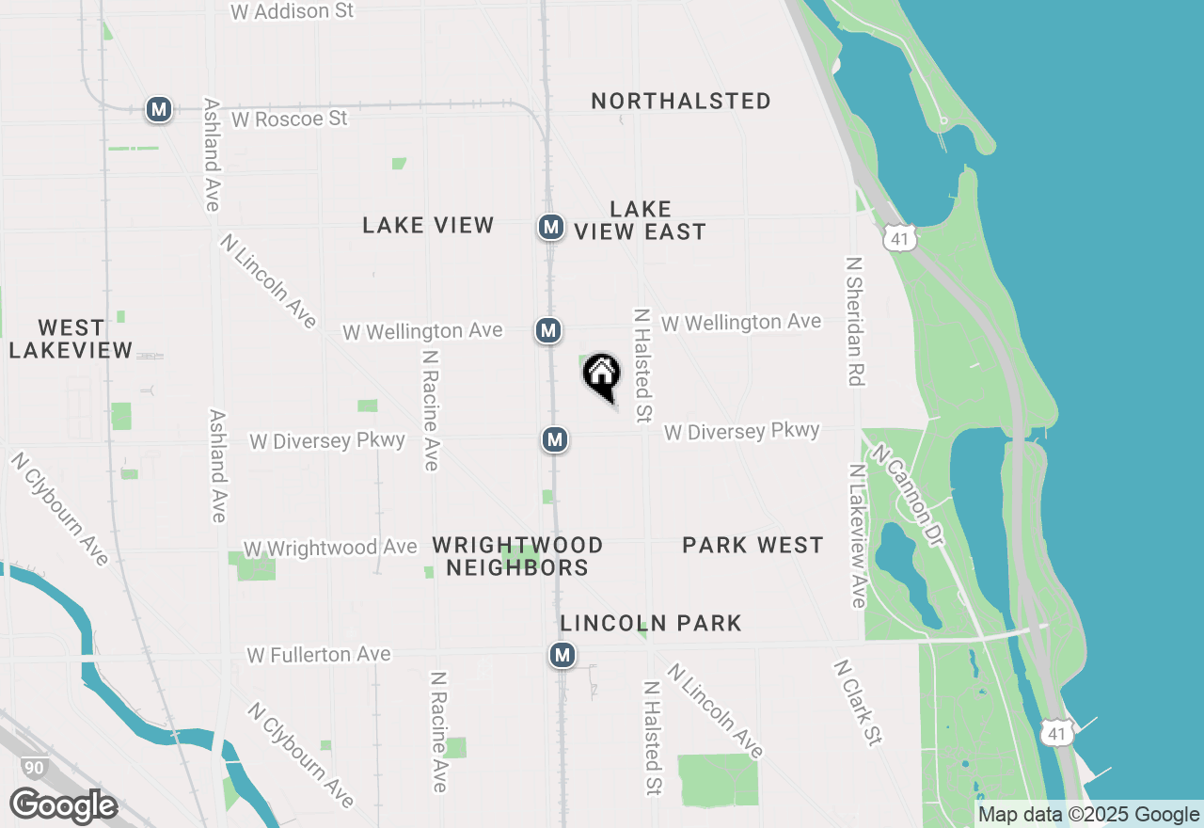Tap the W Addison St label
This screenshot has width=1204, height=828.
tap(293, 11)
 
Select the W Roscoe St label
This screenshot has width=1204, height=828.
tap(289, 119)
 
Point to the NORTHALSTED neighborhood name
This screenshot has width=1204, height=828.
tap(681, 101)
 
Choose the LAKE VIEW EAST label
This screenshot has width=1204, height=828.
tap(641, 220)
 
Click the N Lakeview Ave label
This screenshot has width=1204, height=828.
tap(858, 535)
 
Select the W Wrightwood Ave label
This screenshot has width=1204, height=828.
tap(330, 548)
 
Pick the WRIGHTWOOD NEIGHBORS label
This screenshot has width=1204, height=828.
tap(517, 556)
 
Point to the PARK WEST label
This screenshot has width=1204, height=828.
tap(752, 545)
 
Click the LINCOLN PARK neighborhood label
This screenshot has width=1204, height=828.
tap(651, 623)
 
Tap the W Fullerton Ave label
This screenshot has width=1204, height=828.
tap(319, 654)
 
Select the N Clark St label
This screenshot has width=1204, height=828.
tap(858, 702)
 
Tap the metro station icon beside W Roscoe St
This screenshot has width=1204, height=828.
tap(158, 109)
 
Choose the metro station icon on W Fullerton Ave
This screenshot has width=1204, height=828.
tap(562, 655)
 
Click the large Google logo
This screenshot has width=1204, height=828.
tap(63, 806)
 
